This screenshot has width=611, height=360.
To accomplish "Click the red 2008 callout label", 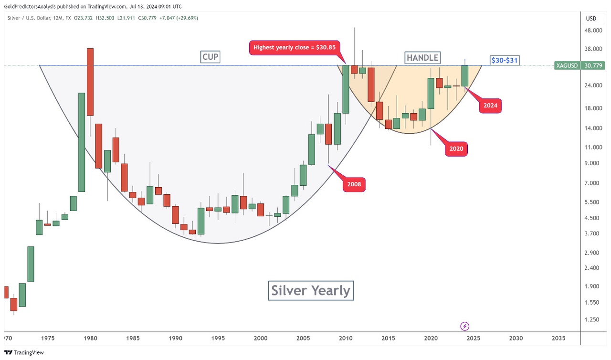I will [x=354, y=184].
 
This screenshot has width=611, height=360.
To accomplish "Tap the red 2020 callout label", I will [x=456, y=149].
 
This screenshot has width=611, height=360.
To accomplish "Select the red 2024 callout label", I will [x=490, y=106].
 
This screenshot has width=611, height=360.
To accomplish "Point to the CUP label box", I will [x=210, y=57].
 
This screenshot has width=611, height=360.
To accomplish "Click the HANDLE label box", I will [x=422, y=58].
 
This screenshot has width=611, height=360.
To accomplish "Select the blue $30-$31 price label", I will [x=505, y=61].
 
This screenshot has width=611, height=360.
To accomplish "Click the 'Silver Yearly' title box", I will [x=311, y=290].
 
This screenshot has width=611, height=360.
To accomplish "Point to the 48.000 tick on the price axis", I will [x=593, y=31].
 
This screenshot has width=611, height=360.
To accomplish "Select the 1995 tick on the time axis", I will [x=218, y=338].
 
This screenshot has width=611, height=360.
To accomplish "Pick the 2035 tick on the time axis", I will [x=558, y=338].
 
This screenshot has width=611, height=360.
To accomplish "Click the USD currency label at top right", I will [x=591, y=19].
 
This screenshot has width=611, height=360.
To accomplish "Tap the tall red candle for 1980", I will [x=90, y=82].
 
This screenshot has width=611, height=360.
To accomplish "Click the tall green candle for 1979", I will [x=82, y=142].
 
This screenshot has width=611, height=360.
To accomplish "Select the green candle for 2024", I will [x=465, y=76].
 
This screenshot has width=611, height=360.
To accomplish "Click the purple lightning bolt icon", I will [x=465, y=326].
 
